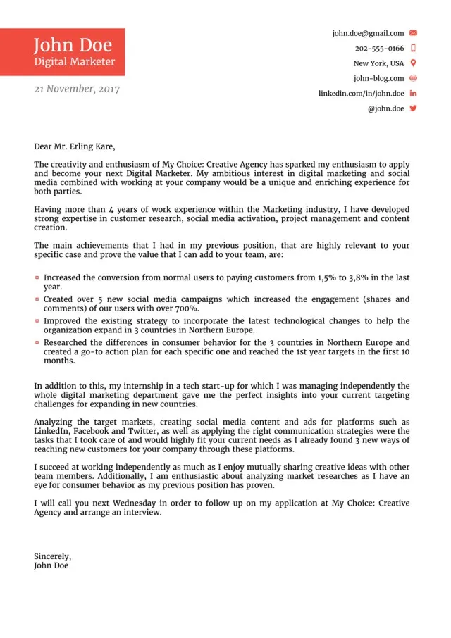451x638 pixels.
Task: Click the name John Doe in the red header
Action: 73,45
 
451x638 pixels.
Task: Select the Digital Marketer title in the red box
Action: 74,62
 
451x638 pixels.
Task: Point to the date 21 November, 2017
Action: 77,89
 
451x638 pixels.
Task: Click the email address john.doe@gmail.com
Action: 368,33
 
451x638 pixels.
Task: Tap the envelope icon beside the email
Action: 413,33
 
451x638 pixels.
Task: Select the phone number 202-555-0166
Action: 379,49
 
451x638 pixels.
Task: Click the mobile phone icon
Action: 413,49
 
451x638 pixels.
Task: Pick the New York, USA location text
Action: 378,63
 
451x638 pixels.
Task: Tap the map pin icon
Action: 413,63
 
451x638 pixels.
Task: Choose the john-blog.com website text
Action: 378,78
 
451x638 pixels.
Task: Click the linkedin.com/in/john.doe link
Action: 361,94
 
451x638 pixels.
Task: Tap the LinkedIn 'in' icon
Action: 413,94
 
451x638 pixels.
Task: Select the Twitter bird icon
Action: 413,108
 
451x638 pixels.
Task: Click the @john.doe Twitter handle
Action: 385,108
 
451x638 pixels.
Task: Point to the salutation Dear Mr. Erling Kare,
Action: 74,147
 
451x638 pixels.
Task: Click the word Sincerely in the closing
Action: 52,556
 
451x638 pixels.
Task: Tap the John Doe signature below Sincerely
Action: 51,565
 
